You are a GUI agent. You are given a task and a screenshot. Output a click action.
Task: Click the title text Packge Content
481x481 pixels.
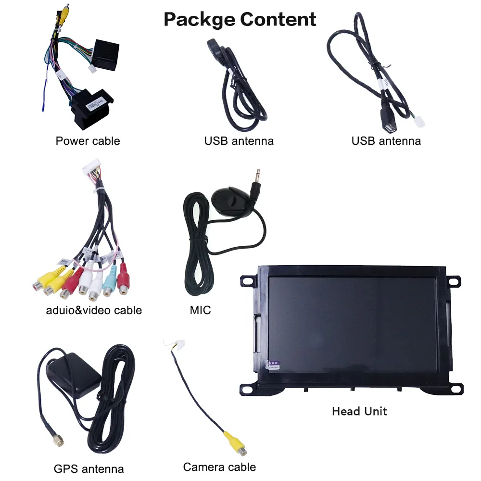coord(240,19)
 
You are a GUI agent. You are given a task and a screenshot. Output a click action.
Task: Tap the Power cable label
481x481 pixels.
coord(88,141)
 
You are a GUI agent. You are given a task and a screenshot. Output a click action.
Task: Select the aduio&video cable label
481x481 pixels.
coord(94,310)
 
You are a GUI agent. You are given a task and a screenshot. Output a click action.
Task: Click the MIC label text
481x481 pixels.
coord(200,310)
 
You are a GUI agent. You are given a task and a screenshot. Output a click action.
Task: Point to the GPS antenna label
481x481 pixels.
coord(89,468)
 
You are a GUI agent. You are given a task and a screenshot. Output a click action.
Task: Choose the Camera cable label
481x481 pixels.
coord(219,467)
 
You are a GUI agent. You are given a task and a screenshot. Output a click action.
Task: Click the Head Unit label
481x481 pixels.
coord(359,411)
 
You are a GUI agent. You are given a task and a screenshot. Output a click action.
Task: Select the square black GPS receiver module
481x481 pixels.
coord(74,375)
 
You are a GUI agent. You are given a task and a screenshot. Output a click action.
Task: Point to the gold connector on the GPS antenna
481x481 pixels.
coord(58,441)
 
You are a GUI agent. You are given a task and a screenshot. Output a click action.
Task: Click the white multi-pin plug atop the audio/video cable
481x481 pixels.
coord(92,168)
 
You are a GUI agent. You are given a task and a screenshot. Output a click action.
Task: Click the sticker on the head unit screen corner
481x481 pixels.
coord(272,365)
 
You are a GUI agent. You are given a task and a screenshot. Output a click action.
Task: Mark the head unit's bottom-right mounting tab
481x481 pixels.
coord(455,389)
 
